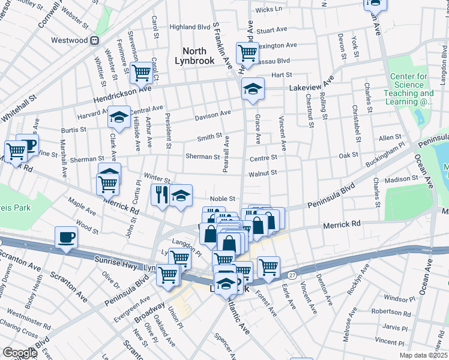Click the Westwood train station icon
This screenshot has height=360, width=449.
94,41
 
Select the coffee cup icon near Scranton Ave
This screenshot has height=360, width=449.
66,236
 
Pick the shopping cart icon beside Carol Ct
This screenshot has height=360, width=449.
142,73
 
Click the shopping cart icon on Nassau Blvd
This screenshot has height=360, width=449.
247,53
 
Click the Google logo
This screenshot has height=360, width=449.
20,353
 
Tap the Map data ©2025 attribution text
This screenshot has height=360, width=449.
423,355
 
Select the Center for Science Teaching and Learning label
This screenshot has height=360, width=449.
412,89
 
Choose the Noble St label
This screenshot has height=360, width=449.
221,199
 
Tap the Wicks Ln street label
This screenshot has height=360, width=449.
268,10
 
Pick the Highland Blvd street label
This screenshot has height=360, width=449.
190,27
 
